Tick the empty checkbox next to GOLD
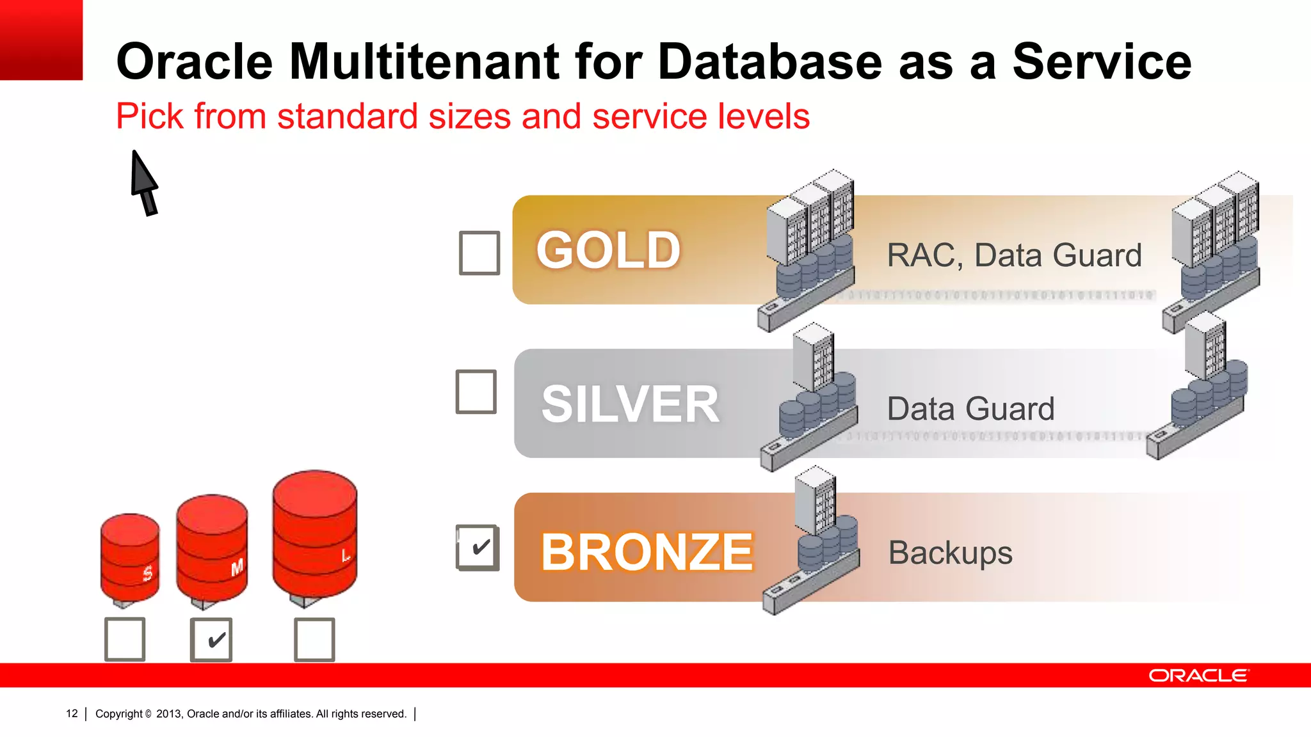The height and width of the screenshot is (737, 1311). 479,253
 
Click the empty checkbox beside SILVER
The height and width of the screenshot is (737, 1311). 476,392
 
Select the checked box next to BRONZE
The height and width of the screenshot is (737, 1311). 478,548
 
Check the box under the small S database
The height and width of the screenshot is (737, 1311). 125,639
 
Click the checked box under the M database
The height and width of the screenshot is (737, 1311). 211,639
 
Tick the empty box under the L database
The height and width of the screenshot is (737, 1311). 314,639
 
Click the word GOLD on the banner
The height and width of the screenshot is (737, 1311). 608,250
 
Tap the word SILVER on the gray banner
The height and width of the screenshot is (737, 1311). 630,404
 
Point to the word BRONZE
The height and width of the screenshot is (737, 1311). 647,552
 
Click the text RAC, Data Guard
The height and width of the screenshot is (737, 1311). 1014,255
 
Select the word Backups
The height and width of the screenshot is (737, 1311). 950,553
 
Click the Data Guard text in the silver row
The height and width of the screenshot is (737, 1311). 970,409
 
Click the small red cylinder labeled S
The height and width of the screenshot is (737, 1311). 130,557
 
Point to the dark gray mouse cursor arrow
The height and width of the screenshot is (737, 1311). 143,181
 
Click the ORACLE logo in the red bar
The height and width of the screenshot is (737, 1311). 1198,676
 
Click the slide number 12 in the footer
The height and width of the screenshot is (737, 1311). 72,713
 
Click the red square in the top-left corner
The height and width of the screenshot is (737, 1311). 41,40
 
